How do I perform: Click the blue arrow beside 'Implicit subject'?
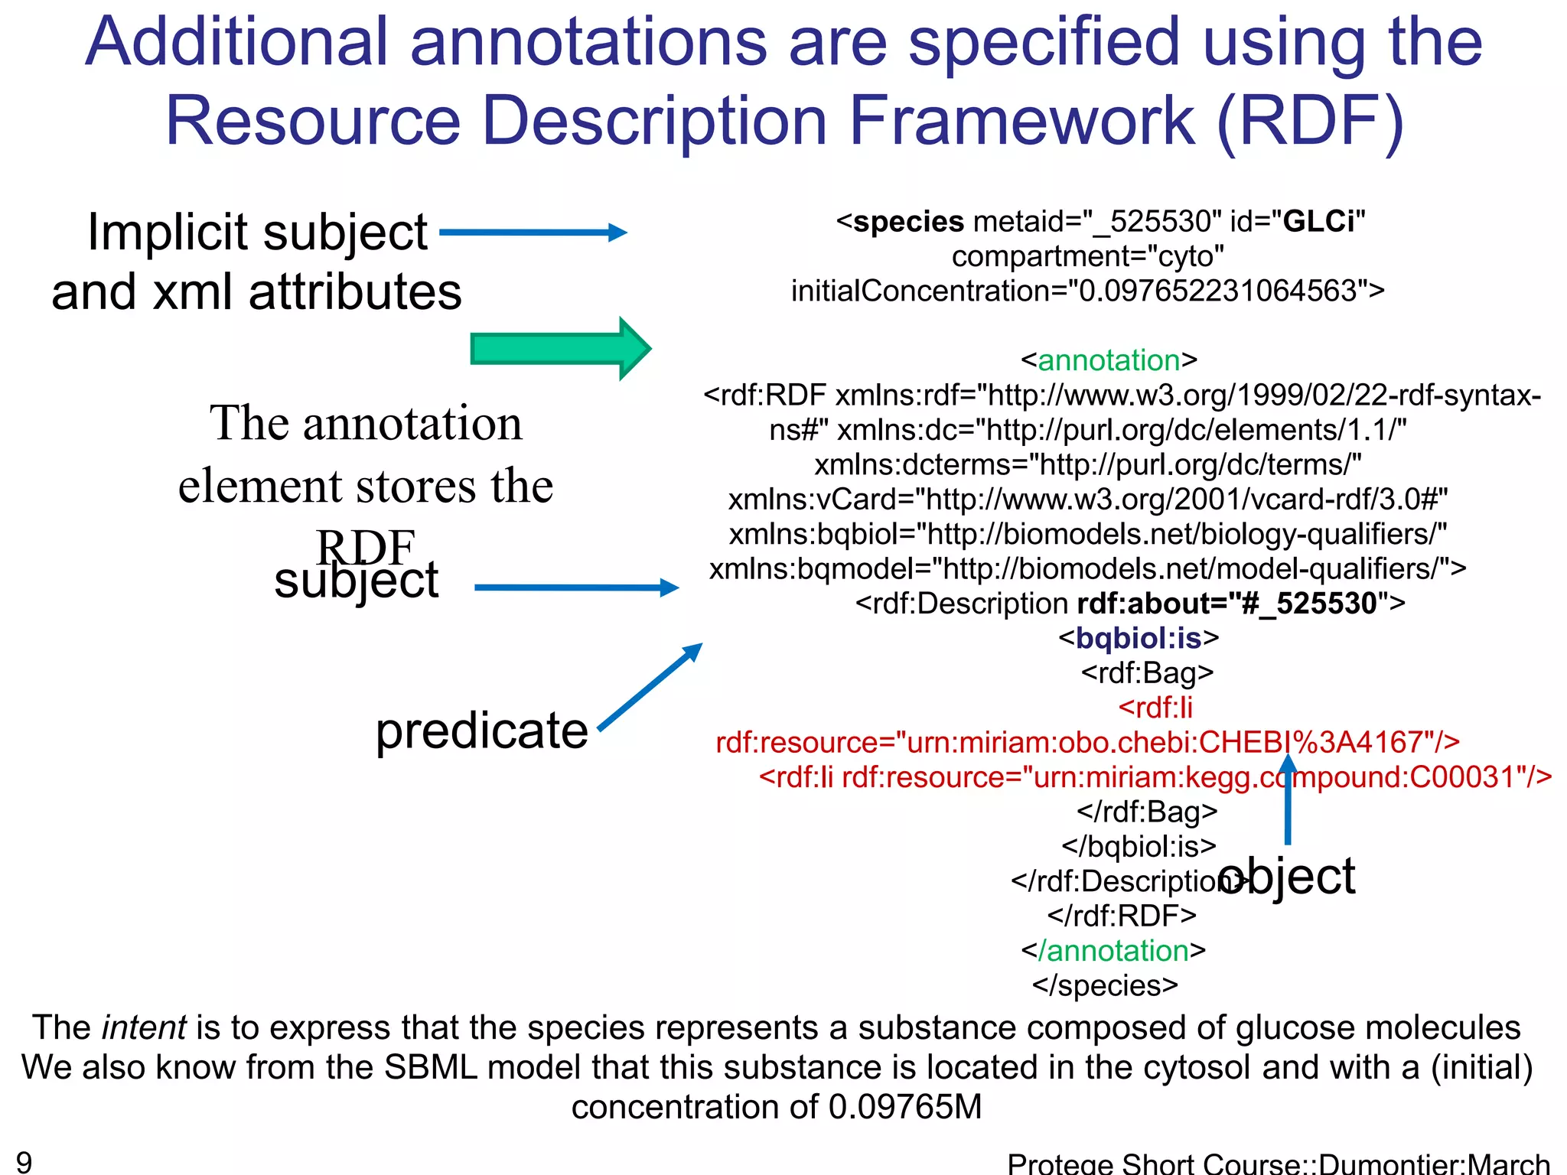(x=533, y=233)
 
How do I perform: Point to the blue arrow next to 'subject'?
(x=576, y=587)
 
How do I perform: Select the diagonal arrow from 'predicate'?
(x=650, y=686)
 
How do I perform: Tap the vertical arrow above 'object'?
(x=1288, y=799)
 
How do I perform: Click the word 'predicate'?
(x=482, y=731)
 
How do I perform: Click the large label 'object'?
(x=1287, y=876)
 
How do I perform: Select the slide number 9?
(x=24, y=1162)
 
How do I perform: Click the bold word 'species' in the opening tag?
(x=908, y=222)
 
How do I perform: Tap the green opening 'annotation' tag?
(x=1109, y=360)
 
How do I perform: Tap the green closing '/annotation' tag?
(x=1113, y=951)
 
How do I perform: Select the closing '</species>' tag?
(x=1105, y=985)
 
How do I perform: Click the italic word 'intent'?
(x=144, y=1027)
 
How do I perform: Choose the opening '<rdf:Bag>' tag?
(x=1147, y=672)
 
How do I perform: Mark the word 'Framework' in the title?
(x=1022, y=121)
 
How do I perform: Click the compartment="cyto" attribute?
(x=1088, y=256)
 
